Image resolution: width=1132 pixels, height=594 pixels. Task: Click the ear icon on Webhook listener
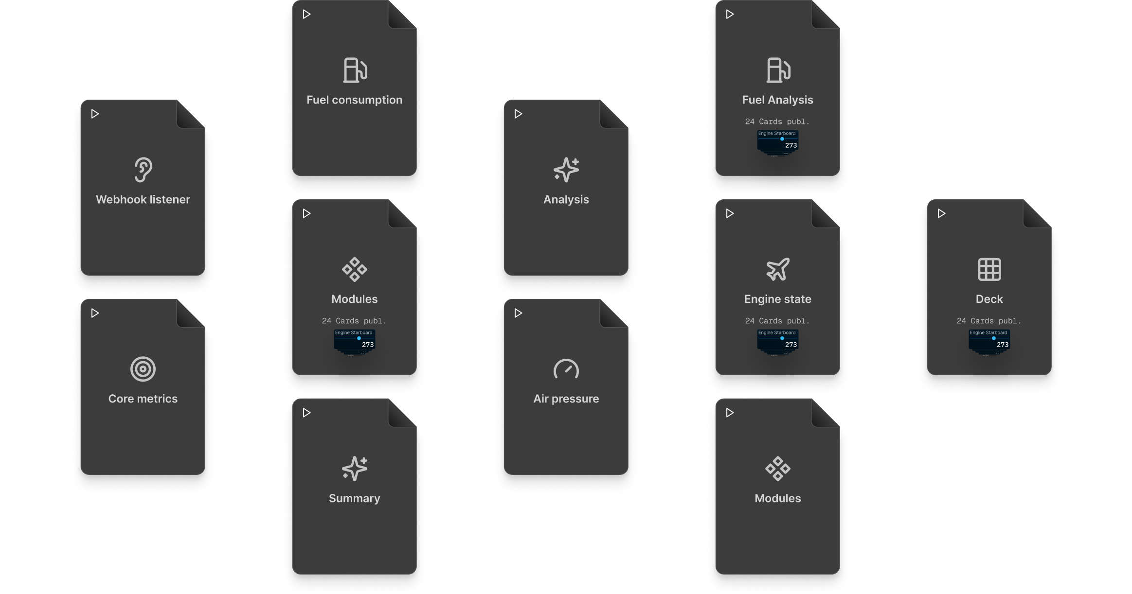[x=143, y=170]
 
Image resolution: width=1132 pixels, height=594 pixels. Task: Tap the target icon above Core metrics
[x=143, y=369]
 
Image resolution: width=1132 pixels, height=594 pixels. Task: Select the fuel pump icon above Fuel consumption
[x=355, y=70]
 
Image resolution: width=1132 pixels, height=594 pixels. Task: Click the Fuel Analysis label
[x=777, y=100]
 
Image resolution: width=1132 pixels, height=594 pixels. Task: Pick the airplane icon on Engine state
[x=777, y=269]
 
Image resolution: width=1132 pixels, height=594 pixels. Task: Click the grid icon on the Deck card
[x=989, y=269]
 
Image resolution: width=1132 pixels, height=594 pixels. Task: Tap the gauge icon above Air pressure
[x=566, y=369]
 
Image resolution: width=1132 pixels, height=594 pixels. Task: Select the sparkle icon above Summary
[x=355, y=469]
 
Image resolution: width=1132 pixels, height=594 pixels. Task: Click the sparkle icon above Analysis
[x=566, y=170]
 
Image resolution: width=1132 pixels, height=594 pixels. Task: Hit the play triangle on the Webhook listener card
[x=95, y=114]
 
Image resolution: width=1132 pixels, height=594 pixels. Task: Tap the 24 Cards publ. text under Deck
[x=989, y=321]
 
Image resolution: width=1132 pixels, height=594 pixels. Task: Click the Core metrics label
[x=143, y=399]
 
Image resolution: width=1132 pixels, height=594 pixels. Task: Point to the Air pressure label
[x=566, y=399]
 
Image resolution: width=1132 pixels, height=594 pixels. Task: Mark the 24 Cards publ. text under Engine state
[x=777, y=321]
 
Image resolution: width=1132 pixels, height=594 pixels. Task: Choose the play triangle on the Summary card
[x=306, y=413]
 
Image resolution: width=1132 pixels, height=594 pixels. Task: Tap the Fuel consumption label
[x=355, y=100]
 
